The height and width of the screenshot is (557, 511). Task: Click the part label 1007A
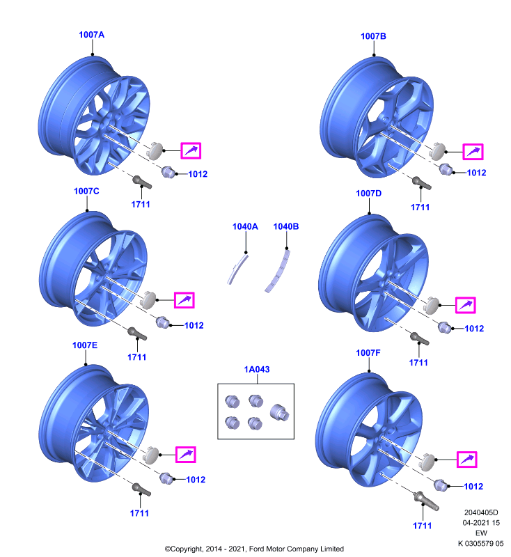pyautogui.click(x=92, y=34)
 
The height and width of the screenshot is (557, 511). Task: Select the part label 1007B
pyautogui.click(x=373, y=36)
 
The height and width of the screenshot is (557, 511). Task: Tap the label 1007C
pyautogui.click(x=86, y=191)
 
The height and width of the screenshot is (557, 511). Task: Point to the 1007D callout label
pyautogui.click(x=368, y=194)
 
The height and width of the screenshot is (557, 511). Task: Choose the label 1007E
pyautogui.click(x=85, y=345)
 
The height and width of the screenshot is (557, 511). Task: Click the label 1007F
pyautogui.click(x=368, y=353)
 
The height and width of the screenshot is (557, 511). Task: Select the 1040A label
pyautogui.click(x=245, y=226)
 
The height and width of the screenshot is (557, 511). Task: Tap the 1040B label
pyautogui.click(x=286, y=226)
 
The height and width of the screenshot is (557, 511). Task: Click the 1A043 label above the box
pyautogui.click(x=257, y=370)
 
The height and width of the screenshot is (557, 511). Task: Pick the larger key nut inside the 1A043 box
pyautogui.click(x=279, y=412)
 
